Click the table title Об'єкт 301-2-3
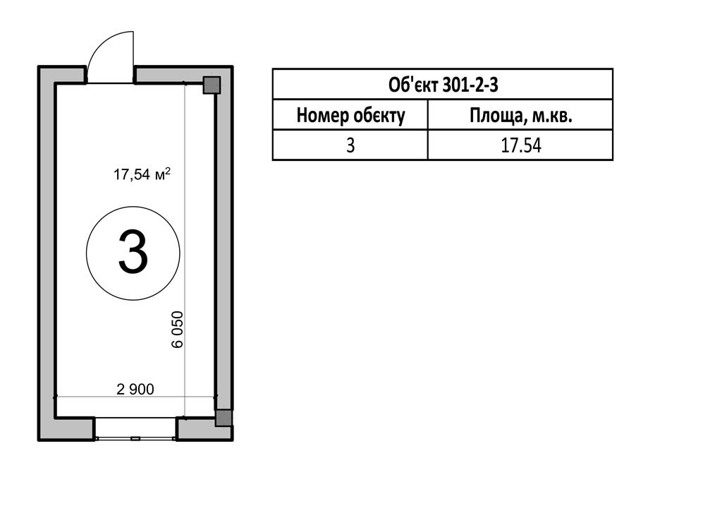coord(443,85)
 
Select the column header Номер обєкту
coord(350,115)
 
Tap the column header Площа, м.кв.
coord(521,115)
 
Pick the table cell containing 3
coord(350,145)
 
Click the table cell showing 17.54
coord(521,145)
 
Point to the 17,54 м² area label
coord(142,174)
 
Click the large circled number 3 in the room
coord(133,253)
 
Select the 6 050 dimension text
coord(177,329)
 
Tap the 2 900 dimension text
coord(135,390)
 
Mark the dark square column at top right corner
coord(212,85)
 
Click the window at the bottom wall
coord(135,428)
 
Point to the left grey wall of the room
coord(47,253)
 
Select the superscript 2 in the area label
coord(168,171)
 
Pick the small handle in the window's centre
coord(135,439)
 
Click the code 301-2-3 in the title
coord(470,85)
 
